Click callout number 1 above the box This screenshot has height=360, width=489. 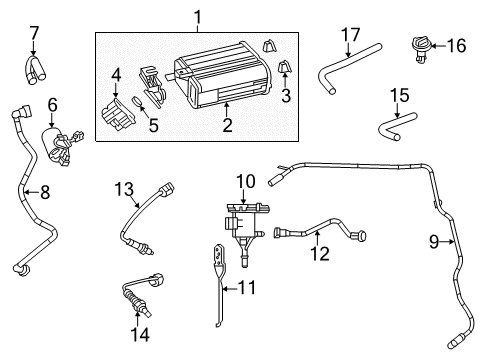[x=198, y=16]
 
